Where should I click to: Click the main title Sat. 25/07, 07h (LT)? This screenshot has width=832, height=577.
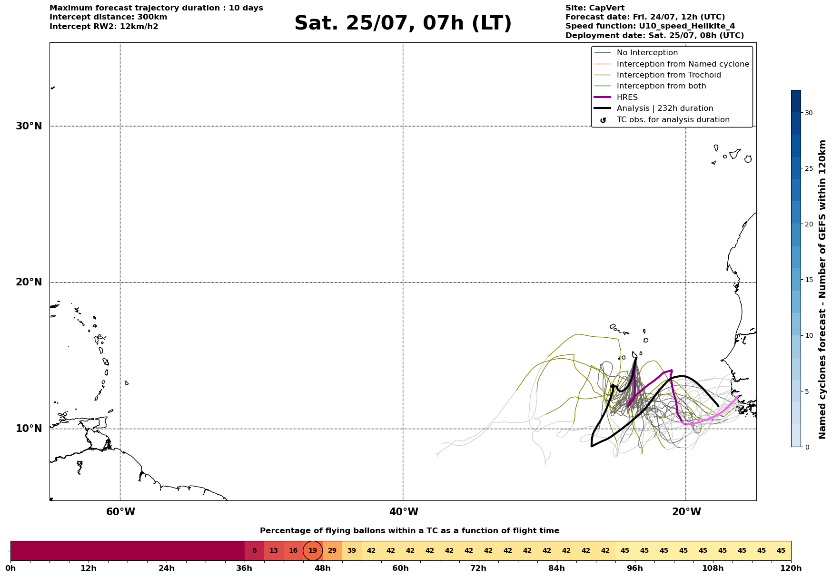coord(403,23)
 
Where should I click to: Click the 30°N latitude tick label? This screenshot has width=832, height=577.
coord(29,126)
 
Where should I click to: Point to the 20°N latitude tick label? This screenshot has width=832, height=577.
coord(29,282)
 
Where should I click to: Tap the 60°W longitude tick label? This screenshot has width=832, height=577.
coord(120,512)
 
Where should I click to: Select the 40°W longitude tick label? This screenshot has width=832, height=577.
coord(404,512)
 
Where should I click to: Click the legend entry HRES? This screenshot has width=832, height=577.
coord(627,98)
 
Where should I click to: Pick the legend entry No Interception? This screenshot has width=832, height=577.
coord(647,53)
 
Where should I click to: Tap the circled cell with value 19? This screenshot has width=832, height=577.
coord(313,551)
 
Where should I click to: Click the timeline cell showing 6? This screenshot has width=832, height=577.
coord(254,551)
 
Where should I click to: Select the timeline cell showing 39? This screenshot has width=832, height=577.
coord(352,551)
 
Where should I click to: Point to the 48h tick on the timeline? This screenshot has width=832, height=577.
coord(323,562)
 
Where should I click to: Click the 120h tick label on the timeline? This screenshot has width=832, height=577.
coord(792,568)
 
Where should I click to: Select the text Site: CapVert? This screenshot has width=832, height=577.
coord(595,8)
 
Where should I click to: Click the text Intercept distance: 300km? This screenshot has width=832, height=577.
coord(109,17)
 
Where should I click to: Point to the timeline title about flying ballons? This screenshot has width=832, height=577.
coord(409,531)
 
